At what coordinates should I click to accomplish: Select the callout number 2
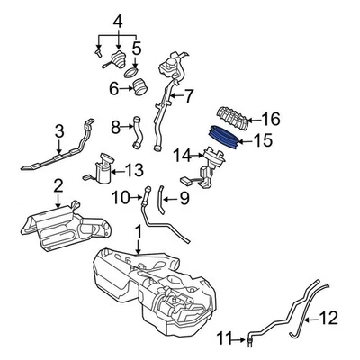pos(57,186)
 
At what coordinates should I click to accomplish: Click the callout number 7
pos(189,94)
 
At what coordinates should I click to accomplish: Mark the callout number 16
pos(271,118)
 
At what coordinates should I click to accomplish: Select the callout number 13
pos(134,169)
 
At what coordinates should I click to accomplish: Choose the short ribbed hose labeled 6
pos(142,88)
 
